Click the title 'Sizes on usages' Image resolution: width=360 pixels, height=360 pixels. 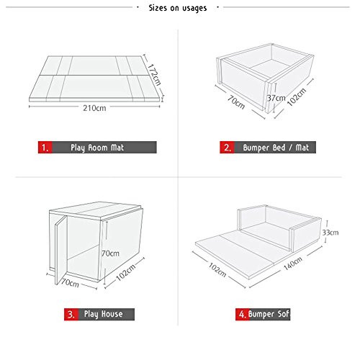point(178,8)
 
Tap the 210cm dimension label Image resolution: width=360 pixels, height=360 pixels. point(94,108)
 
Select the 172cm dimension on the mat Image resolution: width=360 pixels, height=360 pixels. point(153,74)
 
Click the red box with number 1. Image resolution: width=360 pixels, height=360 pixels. point(45,147)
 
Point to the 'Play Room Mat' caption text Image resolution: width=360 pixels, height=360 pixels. point(97,148)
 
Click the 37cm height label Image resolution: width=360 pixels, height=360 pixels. point(276,98)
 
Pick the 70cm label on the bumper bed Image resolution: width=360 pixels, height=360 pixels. point(236,102)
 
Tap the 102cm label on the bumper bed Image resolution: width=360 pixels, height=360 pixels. point(297,97)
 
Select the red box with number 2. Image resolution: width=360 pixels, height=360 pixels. point(227,147)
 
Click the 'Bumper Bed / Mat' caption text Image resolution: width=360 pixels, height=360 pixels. point(276,148)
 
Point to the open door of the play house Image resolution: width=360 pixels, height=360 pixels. point(61,250)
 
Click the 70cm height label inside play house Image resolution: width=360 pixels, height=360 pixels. point(110,253)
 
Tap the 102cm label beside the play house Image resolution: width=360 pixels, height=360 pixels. point(126,271)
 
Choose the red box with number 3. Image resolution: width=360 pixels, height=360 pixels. point(71,314)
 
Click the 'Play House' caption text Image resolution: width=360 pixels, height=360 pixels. point(104,314)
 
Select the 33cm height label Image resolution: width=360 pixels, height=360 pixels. point(330,233)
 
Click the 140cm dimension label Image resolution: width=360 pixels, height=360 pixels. point(293,264)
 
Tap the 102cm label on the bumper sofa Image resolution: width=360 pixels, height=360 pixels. point(217,270)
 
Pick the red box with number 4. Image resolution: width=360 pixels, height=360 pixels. point(243,314)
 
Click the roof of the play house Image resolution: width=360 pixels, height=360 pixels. point(95,210)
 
